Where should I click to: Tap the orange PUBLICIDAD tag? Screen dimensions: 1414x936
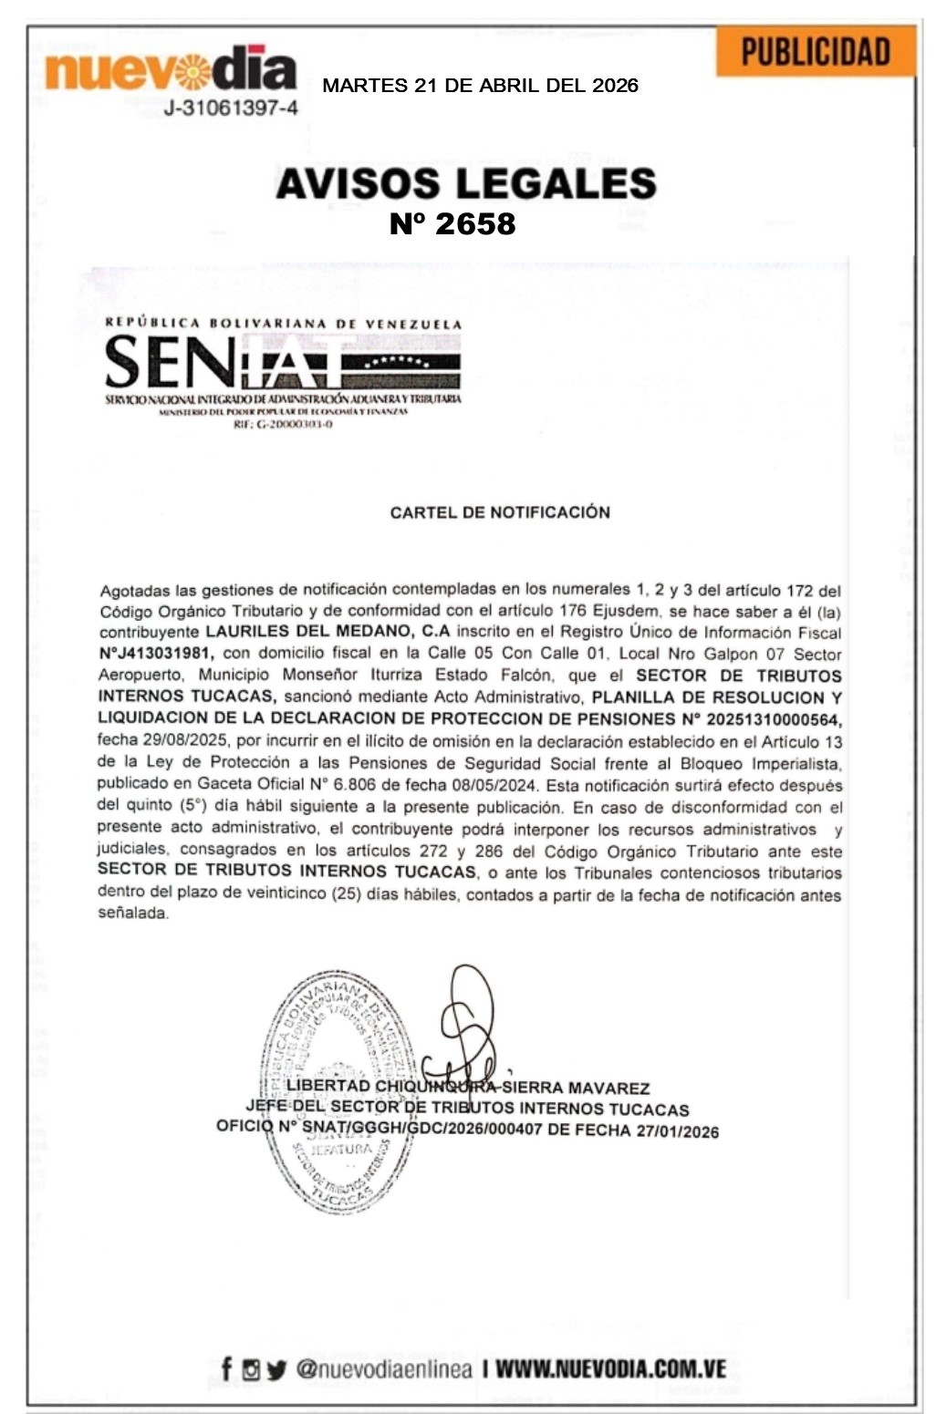815,52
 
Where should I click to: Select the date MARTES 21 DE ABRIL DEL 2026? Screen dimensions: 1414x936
480,87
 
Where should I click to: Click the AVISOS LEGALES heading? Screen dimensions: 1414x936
466,183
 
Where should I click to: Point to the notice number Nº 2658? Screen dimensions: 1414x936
452,223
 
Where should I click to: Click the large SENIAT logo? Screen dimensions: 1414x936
283,362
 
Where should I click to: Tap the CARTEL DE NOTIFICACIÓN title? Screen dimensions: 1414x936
500,512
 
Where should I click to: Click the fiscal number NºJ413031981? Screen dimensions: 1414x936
156,654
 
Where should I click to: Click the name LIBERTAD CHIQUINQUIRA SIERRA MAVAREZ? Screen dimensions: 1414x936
467,1087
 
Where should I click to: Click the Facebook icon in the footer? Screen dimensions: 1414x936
226,1368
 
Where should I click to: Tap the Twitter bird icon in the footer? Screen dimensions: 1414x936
276,1369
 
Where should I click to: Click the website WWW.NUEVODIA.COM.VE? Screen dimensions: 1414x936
610,1368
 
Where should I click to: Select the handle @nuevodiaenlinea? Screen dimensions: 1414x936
384,1368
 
